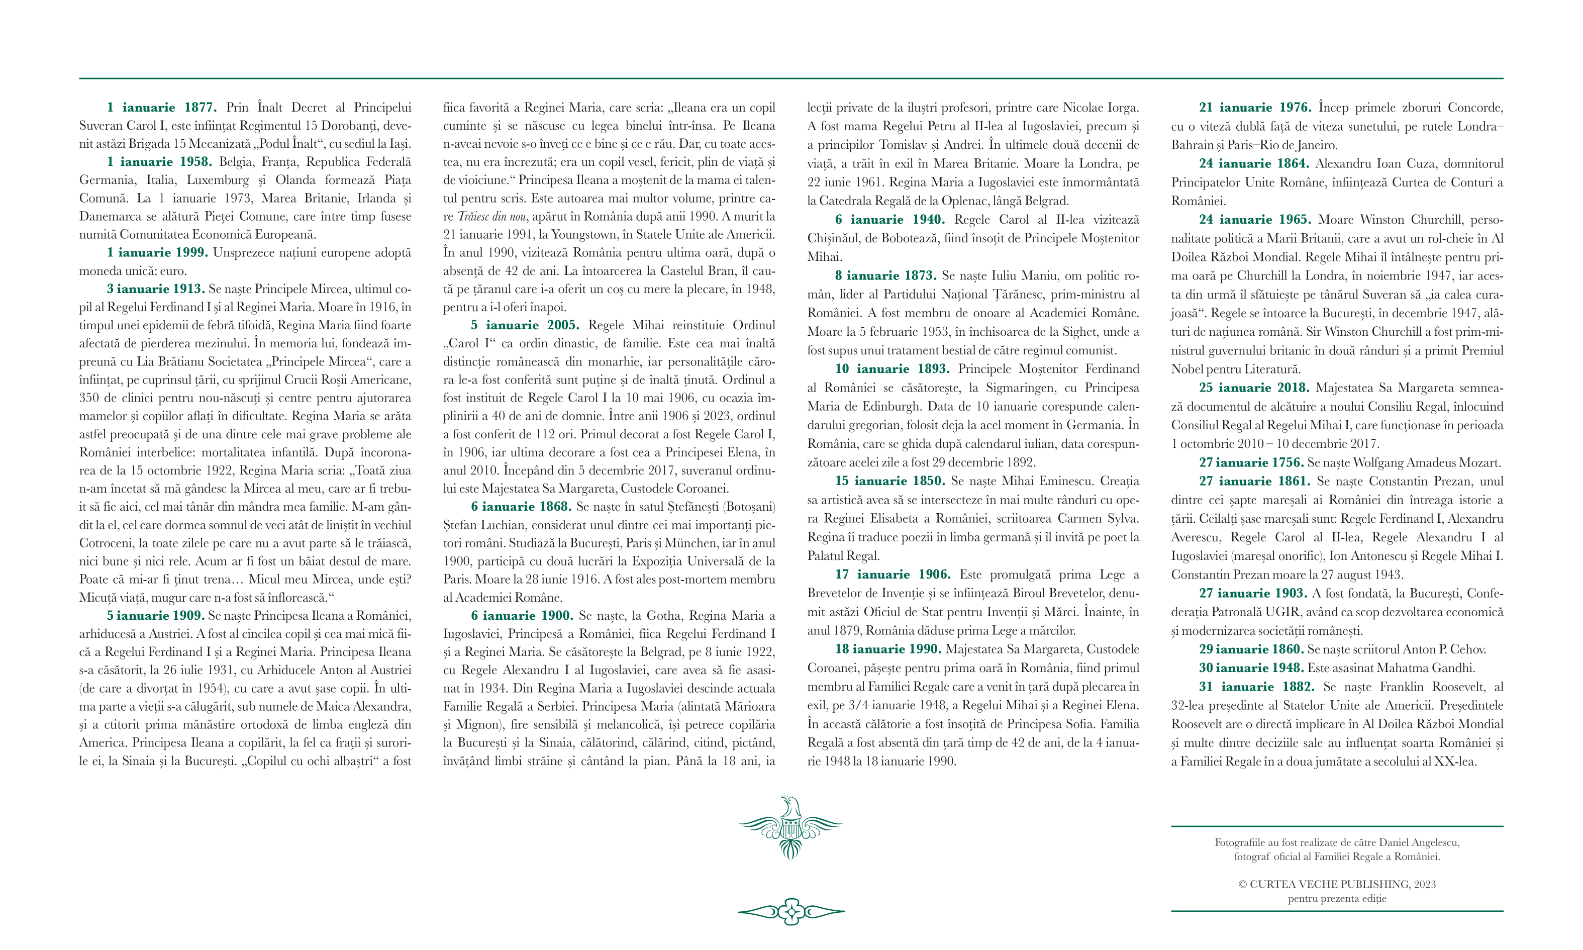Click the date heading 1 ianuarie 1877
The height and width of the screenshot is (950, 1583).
point(162,108)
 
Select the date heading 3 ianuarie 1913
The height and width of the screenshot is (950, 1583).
point(155,289)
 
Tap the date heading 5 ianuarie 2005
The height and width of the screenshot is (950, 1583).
point(525,325)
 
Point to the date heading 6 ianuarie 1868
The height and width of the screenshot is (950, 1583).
point(521,506)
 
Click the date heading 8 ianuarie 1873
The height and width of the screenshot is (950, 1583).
point(885,276)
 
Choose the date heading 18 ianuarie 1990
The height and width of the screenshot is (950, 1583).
point(888,649)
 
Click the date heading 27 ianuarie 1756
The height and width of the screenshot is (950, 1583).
point(1251,462)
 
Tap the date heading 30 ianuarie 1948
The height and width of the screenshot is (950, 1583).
point(1251,668)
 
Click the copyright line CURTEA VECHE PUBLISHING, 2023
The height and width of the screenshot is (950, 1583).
point(1337,884)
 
